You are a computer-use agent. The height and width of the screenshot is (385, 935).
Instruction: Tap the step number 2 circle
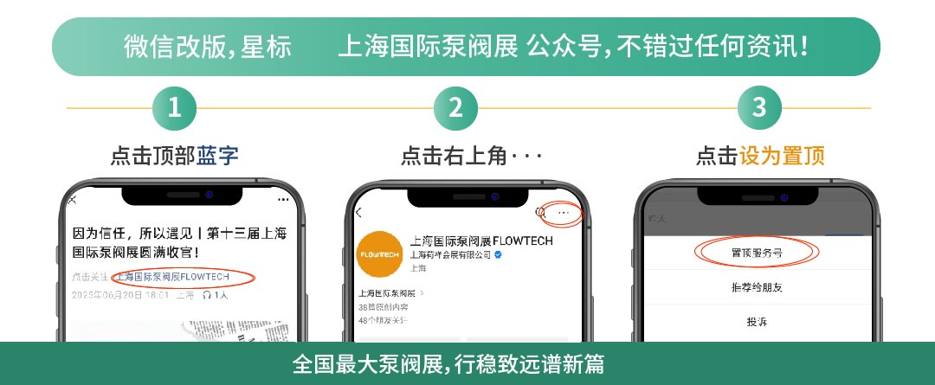pos(455,108)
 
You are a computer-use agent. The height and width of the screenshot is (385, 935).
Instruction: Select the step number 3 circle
pos(759,108)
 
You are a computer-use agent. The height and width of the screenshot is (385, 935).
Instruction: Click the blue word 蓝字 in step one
pos(217,156)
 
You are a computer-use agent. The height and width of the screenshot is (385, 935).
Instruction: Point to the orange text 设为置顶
pos(782,156)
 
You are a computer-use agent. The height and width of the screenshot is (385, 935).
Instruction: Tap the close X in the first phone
pos(73,200)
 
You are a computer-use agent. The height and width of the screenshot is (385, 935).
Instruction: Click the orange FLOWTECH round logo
pos(378,255)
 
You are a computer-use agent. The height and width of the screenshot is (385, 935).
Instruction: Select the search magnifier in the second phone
pos(540,212)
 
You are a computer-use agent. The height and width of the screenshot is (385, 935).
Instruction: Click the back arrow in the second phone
pos(359,212)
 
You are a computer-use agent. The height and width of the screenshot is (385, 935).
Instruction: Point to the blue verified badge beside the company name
pos(499,255)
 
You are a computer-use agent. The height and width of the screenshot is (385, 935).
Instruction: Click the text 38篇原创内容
pos(383,307)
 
